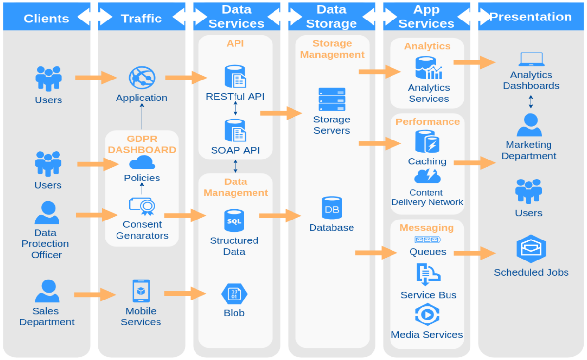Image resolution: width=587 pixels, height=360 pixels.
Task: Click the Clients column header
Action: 46,19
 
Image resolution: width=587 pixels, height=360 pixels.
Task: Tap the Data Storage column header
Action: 332,17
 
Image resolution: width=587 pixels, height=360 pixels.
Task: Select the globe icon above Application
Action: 141,78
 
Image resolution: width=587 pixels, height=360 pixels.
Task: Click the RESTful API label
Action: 235,96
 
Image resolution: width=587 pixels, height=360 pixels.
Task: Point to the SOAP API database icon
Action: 235,131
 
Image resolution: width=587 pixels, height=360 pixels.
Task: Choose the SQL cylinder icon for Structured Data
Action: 234,221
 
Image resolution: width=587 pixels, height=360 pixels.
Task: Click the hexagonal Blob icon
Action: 234,294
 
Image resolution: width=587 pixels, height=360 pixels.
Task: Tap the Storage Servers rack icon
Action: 332,100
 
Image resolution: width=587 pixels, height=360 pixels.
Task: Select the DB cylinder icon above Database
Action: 332,208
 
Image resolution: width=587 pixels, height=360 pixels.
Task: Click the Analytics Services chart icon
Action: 429,68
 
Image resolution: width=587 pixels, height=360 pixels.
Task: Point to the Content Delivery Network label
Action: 427,197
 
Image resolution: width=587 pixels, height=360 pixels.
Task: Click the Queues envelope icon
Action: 428,240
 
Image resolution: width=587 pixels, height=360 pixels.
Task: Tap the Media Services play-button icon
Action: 427,315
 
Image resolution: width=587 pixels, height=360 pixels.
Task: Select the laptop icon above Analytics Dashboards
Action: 531,60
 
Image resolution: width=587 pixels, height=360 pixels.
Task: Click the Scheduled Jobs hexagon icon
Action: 531,249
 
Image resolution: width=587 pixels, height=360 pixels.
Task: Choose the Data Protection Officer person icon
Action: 47,213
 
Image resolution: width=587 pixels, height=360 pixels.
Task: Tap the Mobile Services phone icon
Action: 141,291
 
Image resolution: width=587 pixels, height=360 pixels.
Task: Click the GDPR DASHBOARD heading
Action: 142,144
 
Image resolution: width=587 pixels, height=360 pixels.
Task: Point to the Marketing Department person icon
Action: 529,125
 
